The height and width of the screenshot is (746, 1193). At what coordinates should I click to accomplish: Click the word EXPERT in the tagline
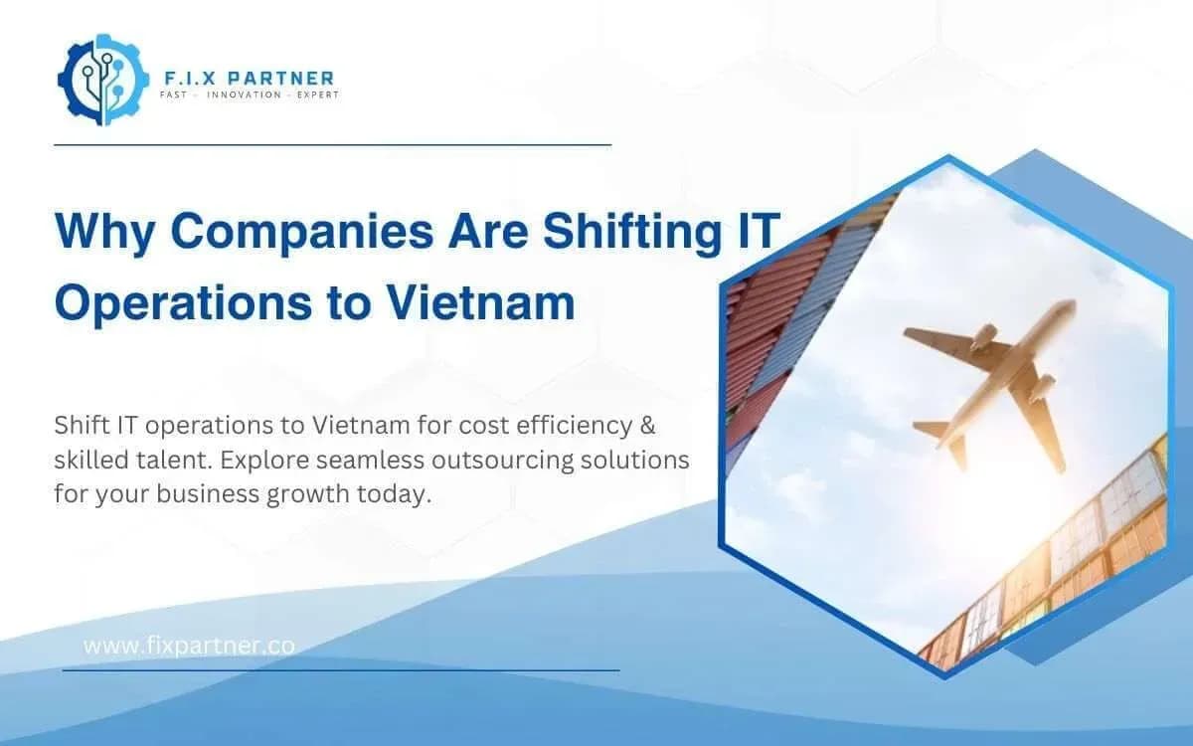pos(317,95)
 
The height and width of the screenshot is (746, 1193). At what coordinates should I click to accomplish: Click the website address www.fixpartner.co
pos(189,646)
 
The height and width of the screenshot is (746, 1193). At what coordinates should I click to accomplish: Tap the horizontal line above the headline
pos(332,144)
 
